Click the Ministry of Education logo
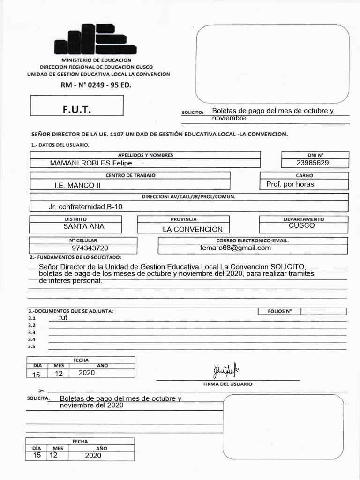96,40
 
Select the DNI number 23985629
313,163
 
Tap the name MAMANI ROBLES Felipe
91,163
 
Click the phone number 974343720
90,248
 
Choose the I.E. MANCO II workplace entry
77,185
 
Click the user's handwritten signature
225,371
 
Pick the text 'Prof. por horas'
290,184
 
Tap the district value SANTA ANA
84,226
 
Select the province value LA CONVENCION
193,229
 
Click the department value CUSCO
302,225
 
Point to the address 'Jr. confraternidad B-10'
86,206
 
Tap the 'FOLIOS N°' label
279,311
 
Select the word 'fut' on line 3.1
63,317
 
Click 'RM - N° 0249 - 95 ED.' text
96,85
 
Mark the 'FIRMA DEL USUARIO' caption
228,384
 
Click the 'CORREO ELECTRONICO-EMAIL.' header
253,240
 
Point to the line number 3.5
32,346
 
